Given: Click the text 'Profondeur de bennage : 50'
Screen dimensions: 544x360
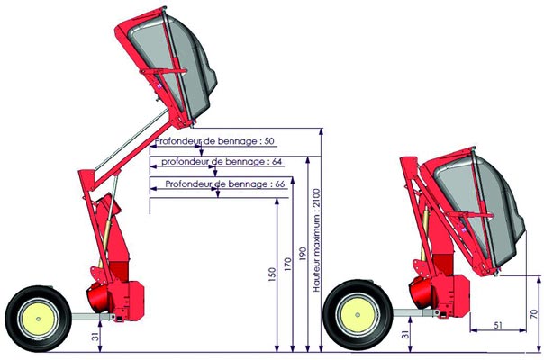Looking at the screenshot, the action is (x=214, y=141).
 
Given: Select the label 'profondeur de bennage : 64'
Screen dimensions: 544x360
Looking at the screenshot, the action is (x=222, y=162).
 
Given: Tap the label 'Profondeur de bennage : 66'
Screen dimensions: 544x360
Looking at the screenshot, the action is (x=225, y=184).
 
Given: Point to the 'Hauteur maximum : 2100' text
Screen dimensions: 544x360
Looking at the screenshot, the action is (x=316, y=240).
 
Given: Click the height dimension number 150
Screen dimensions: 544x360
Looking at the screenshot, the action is (x=272, y=274).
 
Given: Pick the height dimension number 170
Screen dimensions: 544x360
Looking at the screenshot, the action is (x=287, y=265).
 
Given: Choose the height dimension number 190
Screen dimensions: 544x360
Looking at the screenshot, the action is (x=303, y=254).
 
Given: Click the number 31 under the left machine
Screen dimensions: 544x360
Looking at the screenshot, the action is (x=95, y=337).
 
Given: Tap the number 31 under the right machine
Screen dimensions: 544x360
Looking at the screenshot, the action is (x=405, y=334).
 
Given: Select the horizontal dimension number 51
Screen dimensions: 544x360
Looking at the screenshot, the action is (x=498, y=325).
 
